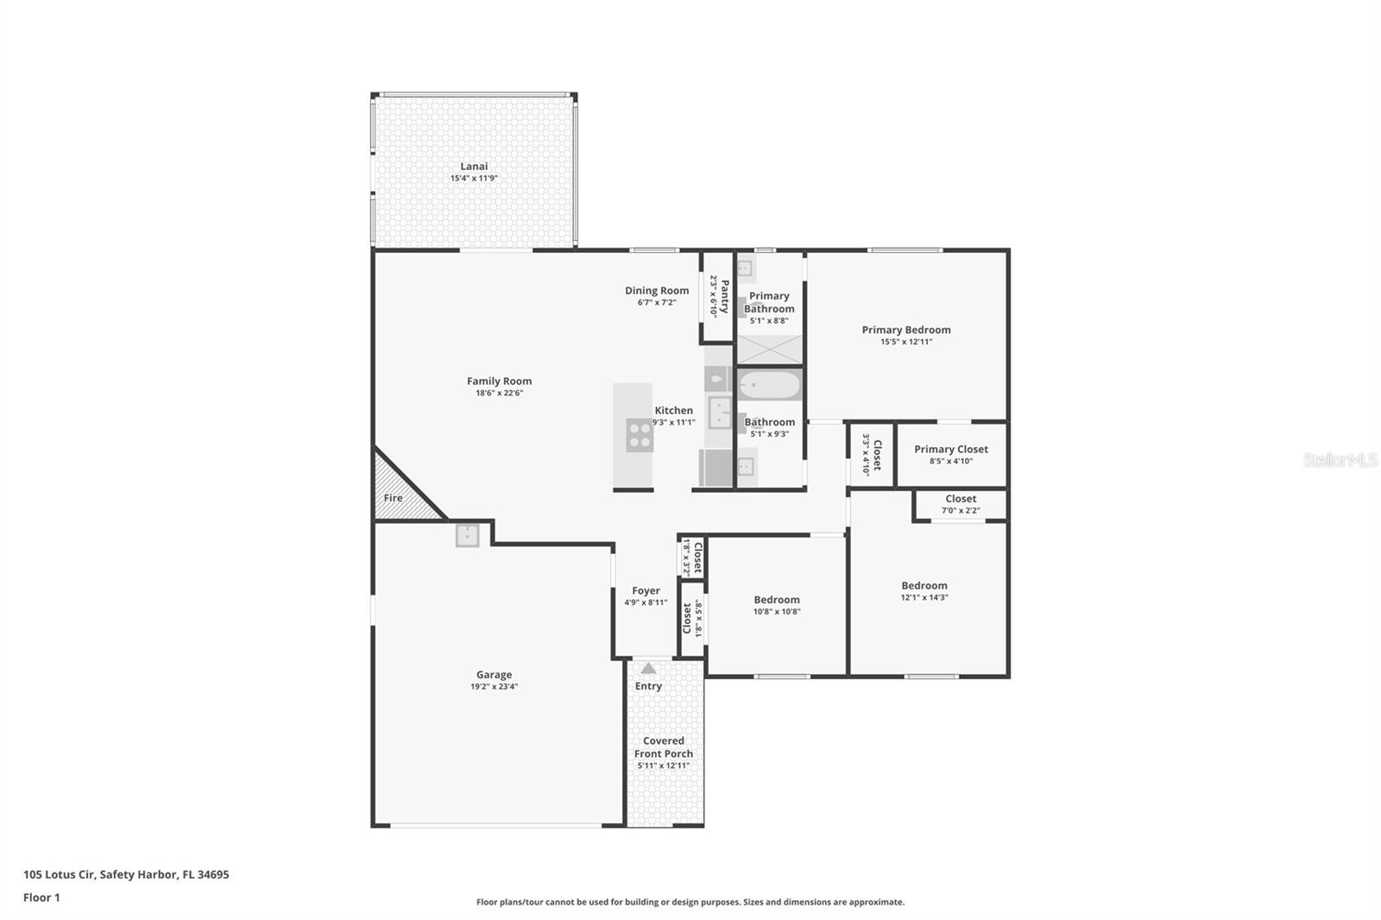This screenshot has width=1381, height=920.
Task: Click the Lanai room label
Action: (474, 167)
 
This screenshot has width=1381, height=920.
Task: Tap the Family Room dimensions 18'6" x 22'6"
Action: (499, 394)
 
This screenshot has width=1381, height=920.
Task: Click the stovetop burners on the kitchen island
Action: (640, 435)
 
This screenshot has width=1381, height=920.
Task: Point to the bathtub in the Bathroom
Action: (770, 385)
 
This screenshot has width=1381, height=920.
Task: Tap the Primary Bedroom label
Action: (905, 330)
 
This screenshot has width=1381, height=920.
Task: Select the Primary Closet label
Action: (950, 449)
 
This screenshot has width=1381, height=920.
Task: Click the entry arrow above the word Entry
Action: (648, 669)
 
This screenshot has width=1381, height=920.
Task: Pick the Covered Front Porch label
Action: (663, 747)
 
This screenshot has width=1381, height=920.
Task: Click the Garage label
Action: (494, 675)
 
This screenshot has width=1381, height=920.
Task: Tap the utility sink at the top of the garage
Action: (467, 535)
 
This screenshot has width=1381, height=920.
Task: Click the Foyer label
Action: (646, 591)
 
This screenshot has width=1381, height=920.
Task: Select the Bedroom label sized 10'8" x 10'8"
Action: (776, 600)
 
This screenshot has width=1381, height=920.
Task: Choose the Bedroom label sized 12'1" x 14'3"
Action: (924, 585)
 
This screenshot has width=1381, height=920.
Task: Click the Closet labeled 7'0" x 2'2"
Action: (960, 499)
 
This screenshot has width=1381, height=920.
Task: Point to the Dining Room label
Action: (657, 291)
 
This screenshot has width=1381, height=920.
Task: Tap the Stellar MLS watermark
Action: (1339, 460)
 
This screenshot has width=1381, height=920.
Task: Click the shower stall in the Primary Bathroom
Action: (769, 349)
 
